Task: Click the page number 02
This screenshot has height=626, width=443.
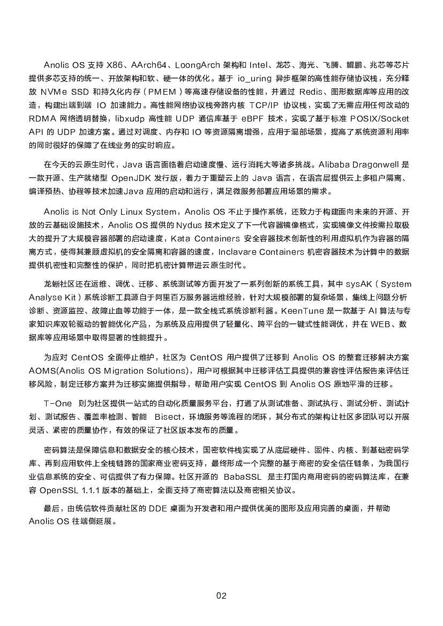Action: (x=221, y=595)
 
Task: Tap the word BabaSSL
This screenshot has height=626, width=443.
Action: (x=241, y=477)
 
